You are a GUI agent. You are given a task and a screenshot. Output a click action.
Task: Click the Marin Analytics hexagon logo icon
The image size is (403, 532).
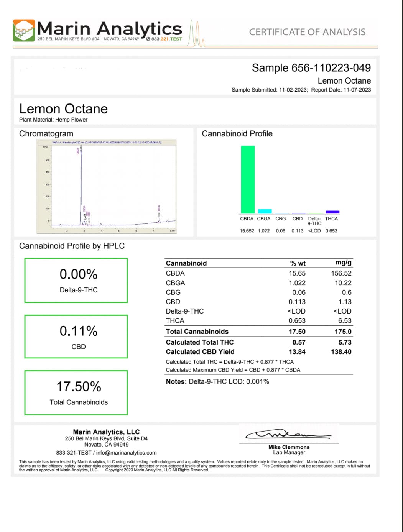(x=24, y=30)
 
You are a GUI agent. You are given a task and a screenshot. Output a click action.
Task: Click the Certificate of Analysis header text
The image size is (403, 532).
(x=307, y=32)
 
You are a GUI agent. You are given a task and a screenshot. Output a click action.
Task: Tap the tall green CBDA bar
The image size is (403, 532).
(x=247, y=179)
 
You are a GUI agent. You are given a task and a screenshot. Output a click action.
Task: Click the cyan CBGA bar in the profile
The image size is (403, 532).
(x=265, y=211)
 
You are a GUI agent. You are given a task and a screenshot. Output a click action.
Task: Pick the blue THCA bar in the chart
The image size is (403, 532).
(x=332, y=212)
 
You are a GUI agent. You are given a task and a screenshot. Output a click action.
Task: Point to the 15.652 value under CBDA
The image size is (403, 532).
(x=247, y=231)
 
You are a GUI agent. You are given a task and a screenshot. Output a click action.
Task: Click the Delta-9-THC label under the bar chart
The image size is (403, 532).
(x=314, y=221)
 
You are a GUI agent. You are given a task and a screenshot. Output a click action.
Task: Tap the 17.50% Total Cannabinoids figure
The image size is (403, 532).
(x=79, y=386)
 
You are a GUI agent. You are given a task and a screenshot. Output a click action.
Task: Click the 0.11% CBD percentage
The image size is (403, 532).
(x=78, y=331)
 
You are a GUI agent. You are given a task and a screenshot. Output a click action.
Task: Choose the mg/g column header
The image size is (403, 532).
(x=343, y=263)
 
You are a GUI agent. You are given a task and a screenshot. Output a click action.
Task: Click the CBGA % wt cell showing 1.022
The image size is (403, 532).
(x=297, y=283)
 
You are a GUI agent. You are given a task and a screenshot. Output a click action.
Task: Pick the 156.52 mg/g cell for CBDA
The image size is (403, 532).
(x=341, y=273)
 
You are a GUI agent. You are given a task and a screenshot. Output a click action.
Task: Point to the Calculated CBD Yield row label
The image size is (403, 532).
(x=200, y=352)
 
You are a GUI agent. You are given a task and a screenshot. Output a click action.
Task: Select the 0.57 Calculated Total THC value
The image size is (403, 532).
(x=299, y=342)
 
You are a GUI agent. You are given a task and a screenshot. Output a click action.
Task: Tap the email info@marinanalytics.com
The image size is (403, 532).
(x=126, y=453)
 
